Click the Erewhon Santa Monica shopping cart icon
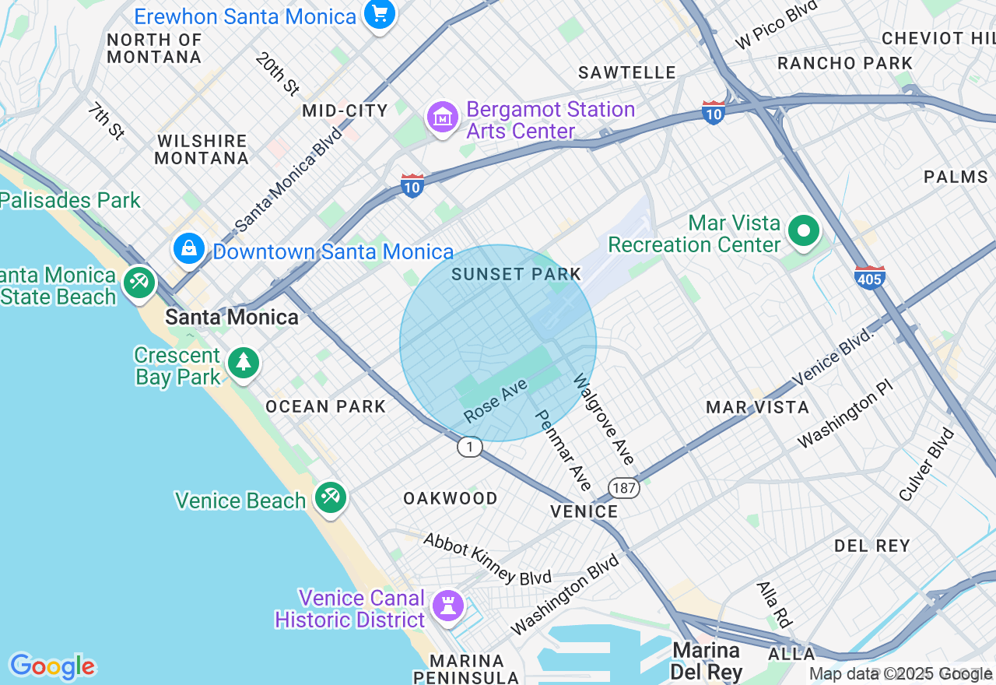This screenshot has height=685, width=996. tap(380, 13)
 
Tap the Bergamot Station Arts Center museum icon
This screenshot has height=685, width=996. tap(443, 118)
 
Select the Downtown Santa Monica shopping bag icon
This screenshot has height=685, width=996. tap(188, 249)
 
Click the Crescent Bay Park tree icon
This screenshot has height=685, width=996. tap(244, 362)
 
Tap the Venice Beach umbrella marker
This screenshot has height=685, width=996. tap(331, 497)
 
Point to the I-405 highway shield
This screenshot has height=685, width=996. tap(869, 276)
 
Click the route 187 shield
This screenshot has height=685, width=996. tap(624, 488)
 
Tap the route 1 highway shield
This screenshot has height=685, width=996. tap(469, 447)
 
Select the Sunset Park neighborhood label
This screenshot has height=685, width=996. tap(516, 274)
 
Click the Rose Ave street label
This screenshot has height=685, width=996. tap(496, 401)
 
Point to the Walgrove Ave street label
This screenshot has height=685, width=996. tap(604, 420)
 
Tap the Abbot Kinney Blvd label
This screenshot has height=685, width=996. tap(487, 559)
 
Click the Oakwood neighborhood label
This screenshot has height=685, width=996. tap(450, 498)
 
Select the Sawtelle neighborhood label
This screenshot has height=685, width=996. tap(627, 72)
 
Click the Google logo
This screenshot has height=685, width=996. tap(52, 666)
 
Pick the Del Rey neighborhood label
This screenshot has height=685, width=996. tap(871, 546)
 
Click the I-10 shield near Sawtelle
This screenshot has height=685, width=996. tap(713, 112)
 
